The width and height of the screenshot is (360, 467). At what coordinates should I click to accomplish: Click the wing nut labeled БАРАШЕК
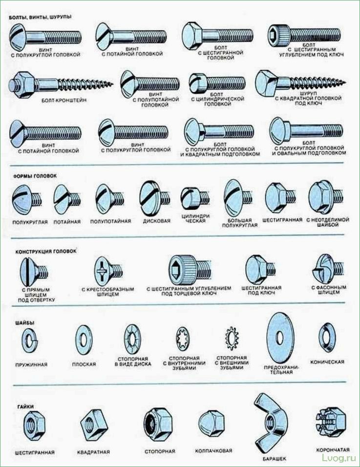pos(270,421)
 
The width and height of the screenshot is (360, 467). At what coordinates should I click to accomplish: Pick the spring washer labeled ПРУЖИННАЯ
pos(30,341)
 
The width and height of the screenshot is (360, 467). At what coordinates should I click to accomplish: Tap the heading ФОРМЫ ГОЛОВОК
pos(35,176)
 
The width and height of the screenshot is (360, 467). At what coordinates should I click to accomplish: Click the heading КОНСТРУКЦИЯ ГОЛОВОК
pos(46,251)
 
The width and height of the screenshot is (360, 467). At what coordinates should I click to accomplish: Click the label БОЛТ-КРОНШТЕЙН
pos(64,101)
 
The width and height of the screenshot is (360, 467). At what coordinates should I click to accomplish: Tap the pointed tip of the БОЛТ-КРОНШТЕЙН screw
pos(113,84)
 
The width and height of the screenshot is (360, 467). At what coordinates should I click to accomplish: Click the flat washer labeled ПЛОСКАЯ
pos(83,340)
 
